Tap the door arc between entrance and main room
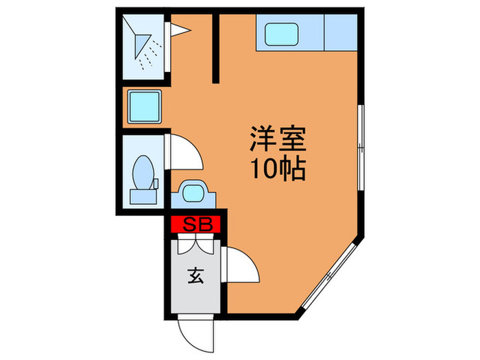(243, 264)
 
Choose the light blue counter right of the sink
(341, 32)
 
